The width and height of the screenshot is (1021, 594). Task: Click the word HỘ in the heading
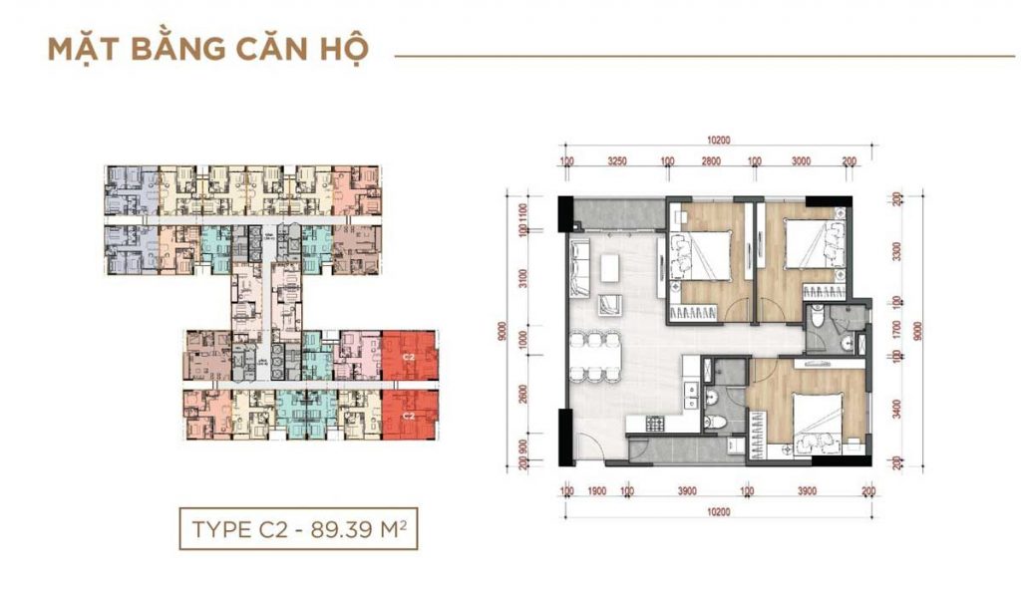click(x=342, y=50)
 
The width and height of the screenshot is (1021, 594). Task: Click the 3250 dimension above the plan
click(x=616, y=160)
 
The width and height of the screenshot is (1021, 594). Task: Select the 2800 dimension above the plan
click(x=710, y=160)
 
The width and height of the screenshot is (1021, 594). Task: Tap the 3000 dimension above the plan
click(x=801, y=160)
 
